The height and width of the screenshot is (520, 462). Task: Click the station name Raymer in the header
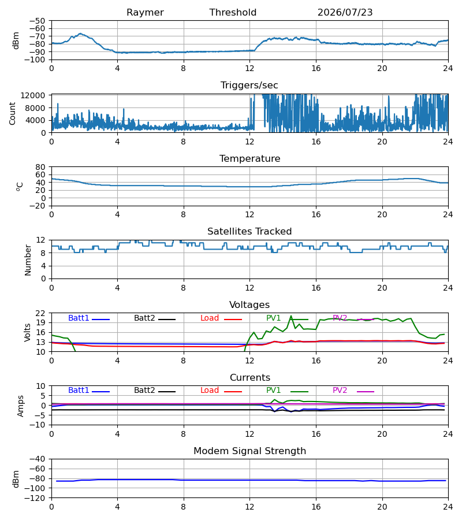click(145, 13)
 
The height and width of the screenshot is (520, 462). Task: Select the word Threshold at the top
click(233, 13)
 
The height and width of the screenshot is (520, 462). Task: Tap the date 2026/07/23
click(345, 13)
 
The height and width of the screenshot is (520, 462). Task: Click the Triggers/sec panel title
click(249, 86)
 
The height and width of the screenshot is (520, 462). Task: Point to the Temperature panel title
click(249, 158)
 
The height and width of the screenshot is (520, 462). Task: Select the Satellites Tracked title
click(249, 232)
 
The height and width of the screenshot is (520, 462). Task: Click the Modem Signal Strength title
click(249, 451)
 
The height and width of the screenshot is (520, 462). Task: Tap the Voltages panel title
click(249, 304)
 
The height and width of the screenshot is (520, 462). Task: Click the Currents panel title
click(250, 378)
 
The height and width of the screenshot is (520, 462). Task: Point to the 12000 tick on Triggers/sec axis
click(33, 95)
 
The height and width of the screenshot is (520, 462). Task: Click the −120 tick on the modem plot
click(38, 498)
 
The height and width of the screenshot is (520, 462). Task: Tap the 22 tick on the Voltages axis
click(41, 313)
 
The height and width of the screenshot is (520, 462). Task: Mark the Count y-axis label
click(13, 113)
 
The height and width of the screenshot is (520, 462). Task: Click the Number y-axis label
click(28, 260)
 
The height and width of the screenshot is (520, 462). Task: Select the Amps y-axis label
click(21, 406)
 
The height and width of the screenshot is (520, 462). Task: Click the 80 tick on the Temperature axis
click(41, 167)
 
